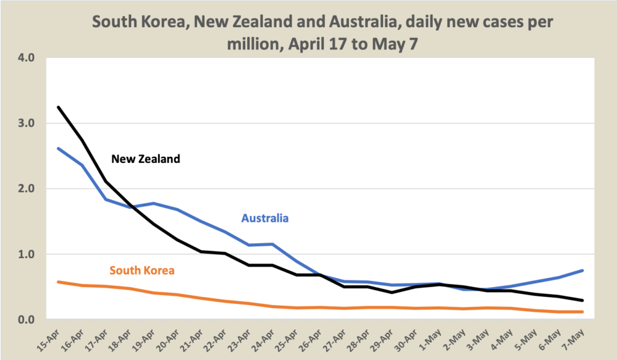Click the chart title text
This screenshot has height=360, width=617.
[322, 34]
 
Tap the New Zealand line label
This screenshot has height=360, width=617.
[146, 160]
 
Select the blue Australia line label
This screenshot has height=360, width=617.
[265, 218]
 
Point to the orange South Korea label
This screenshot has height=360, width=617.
[142, 270]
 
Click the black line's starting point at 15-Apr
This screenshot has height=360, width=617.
[58, 107]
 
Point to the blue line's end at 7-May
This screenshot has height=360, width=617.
[582, 270]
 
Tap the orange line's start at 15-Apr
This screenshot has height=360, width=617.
[58, 282]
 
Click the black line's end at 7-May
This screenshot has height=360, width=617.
[582, 300]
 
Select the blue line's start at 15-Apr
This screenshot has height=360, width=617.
[58, 148]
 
